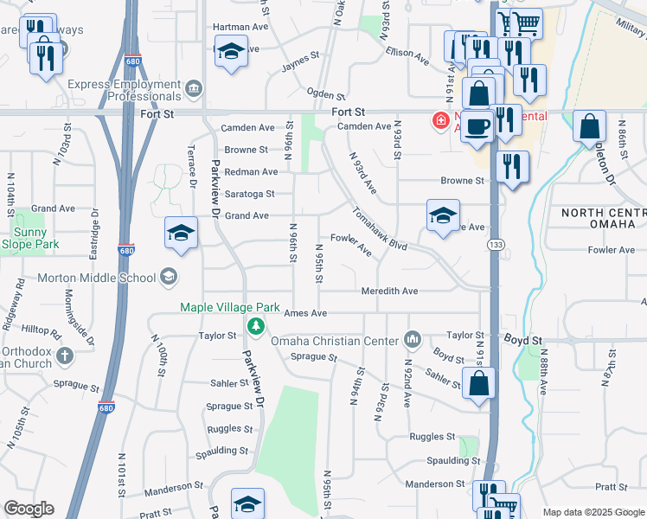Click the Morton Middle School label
pos(95,278)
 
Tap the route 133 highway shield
pos(496,246)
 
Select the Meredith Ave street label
pos(389,292)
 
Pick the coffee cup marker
pos(477,127)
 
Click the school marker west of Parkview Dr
pos(181,234)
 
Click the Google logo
pos(29,509)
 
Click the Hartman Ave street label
pos(236,28)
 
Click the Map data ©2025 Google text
pos(593,512)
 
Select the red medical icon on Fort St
pos(441,119)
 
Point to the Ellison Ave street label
pos(407,55)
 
